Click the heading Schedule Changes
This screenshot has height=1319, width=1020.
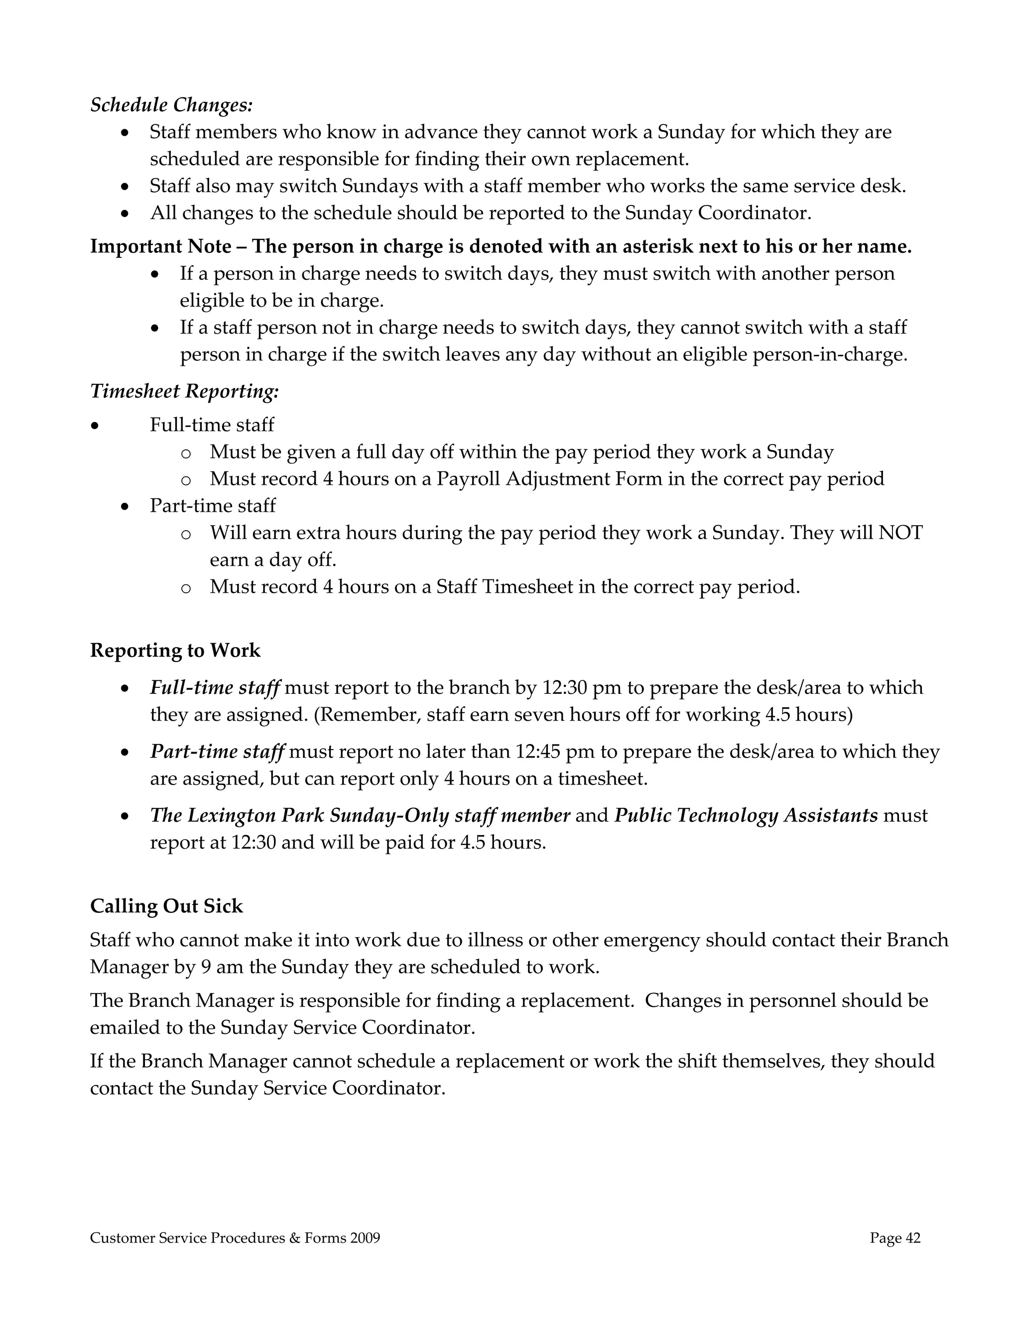[171, 105]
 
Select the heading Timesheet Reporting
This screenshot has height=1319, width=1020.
[184, 391]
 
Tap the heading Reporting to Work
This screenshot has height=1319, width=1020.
[175, 651]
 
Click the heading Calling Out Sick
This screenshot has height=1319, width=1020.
[166, 906]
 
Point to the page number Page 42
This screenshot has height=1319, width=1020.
[895, 1238]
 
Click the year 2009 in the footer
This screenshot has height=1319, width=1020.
[365, 1238]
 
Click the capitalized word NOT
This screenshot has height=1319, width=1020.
[900, 533]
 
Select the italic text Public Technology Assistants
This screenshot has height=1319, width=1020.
[746, 815]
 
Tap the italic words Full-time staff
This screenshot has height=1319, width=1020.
[215, 687]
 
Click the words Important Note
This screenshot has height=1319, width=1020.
[161, 246]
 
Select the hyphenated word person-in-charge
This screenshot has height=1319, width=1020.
[829, 354]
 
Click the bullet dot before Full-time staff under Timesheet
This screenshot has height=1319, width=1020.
[94, 426]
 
